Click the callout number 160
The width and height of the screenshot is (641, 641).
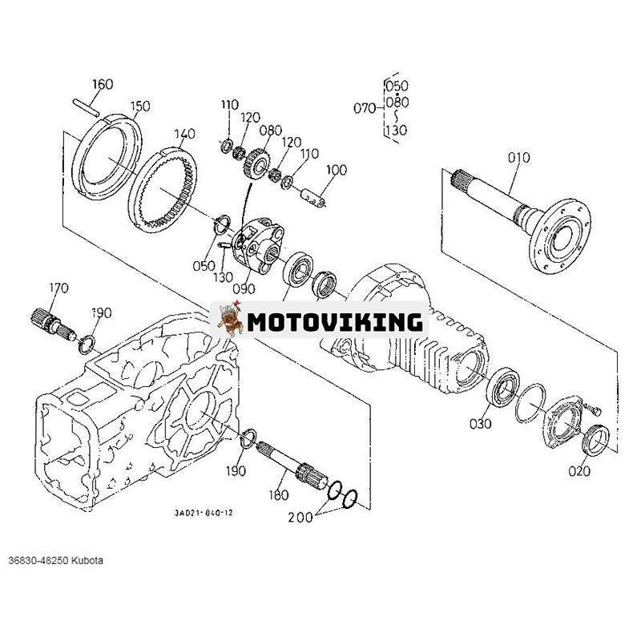(x=103, y=84)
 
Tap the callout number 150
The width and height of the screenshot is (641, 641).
(x=140, y=106)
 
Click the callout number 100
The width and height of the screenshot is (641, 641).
(x=337, y=170)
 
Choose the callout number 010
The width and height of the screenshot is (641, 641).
(x=518, y=158)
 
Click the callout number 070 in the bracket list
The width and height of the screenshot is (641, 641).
(x=365, y=107)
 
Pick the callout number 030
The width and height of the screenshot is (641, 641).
(x=480, y=423)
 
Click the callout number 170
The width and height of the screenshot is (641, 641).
(x=58, y=286)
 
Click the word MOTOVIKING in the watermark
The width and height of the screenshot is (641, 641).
(x=334, y=322)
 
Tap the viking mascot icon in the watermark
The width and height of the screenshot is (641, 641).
(x=229, y=320)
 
